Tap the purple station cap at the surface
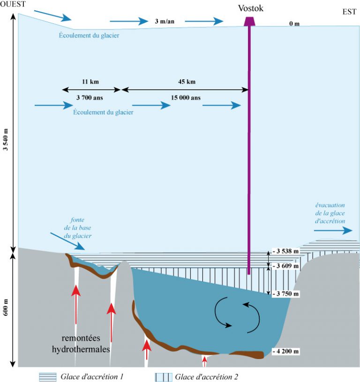[x=249, y=22]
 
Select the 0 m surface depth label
[x=294, y=23]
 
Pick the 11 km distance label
[x=90, y=82]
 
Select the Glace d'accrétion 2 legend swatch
[x=164, y=376]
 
